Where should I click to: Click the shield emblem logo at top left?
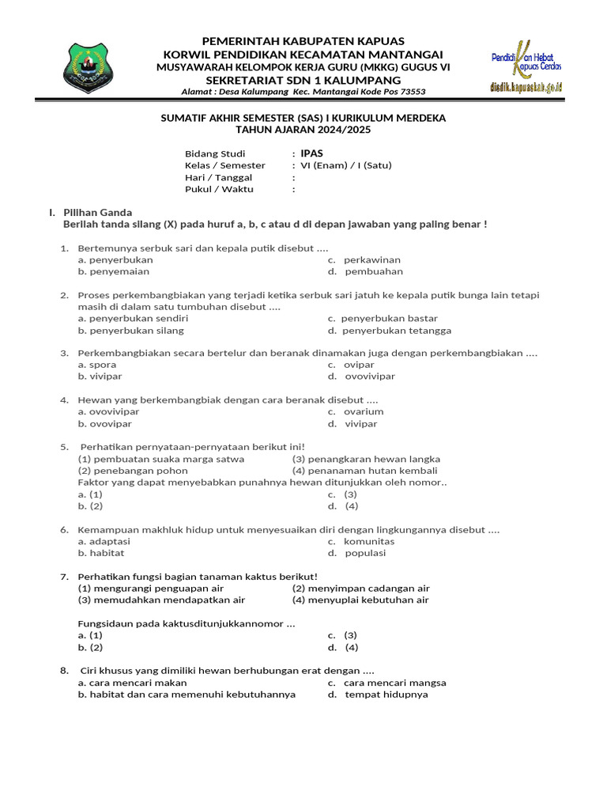(92, 67)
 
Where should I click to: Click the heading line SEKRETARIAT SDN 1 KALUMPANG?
(303, 80)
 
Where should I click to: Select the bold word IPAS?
(312, 153)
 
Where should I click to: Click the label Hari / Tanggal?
(219, 177)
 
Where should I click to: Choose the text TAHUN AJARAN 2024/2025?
(303, 129)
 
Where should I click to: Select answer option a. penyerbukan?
(115, 259)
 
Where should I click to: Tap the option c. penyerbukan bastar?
(383, 319)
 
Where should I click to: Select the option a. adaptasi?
(104, 541)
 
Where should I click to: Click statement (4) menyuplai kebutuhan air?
(360, 600)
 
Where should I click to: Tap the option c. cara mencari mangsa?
(387, 682)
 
